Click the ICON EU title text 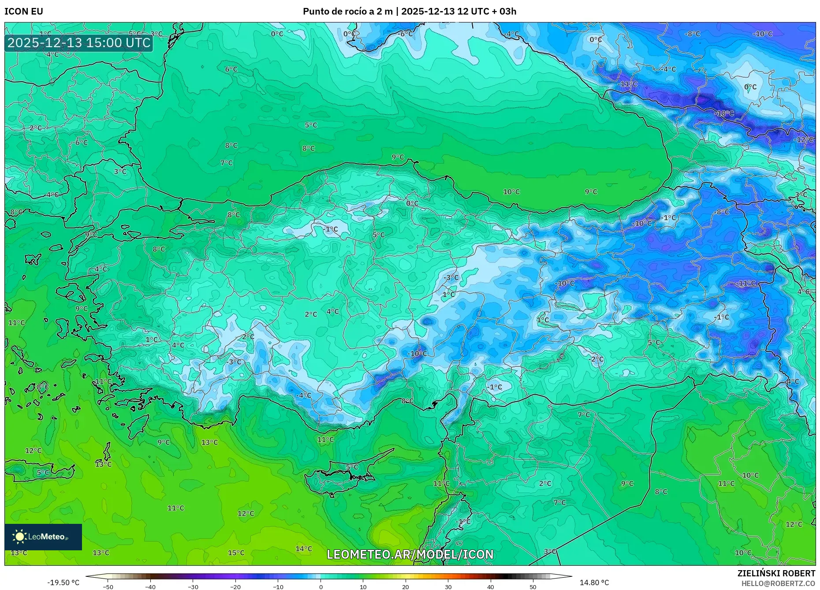(24, 11)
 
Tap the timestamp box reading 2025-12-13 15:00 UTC (79, 43)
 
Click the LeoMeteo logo (43, 537)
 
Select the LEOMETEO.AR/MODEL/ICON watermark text (410, 554)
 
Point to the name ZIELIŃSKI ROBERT (776, 573)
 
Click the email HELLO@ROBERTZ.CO (778, 583)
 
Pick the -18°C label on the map (724, 113)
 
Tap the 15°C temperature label (236, 553)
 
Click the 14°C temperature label (304, 549)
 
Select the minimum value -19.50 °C (63, 583)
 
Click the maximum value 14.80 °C (594, 583)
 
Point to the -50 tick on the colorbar (108, 587)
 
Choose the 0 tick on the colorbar (321, 587)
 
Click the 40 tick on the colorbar (491, 587)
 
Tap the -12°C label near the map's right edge (803, 139)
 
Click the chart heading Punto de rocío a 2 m (347, 11)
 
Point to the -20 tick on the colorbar (235, 587)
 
